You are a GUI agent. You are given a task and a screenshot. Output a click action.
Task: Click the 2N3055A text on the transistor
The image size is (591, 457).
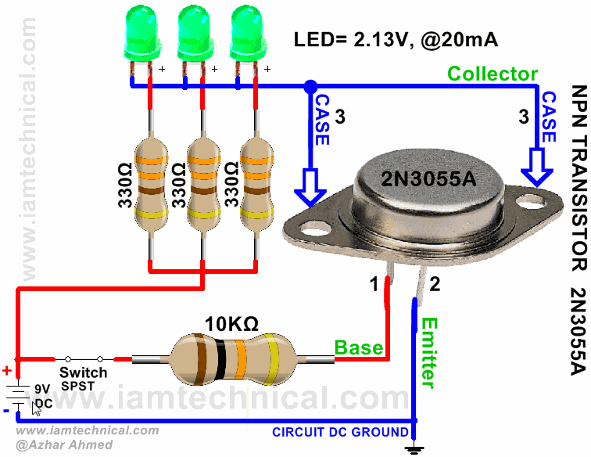coord(428,178)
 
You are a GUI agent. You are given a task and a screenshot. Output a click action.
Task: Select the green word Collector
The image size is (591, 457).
coord(492,74)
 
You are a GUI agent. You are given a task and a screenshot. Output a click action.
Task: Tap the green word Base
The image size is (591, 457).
coord(359,347)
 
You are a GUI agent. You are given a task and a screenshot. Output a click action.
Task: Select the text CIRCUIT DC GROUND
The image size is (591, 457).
coord(339,432)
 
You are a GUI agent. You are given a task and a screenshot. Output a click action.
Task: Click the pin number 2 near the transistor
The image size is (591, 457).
coord(435,261)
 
